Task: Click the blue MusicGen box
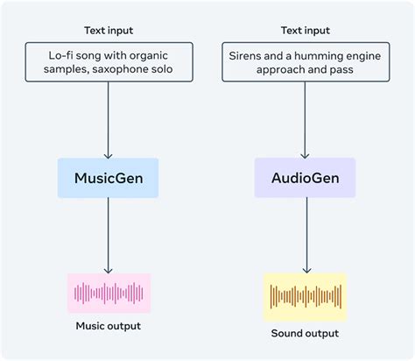tap(108, 178)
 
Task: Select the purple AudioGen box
tap(305, 178)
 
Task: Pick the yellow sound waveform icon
tap(305, 296)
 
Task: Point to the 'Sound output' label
tap(305, 333)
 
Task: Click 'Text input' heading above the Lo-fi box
tap(109, 31)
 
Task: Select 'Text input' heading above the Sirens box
tap(304, 31)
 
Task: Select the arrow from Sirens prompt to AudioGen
tap(305, 118)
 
